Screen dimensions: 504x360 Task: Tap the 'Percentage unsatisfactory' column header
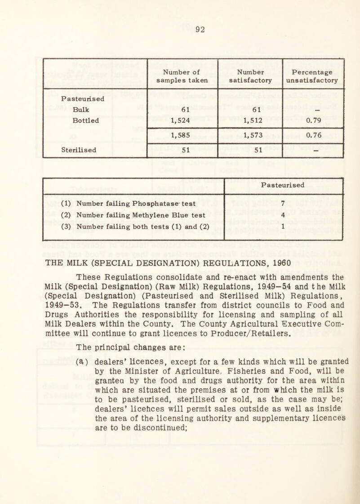tap(313, 76)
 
